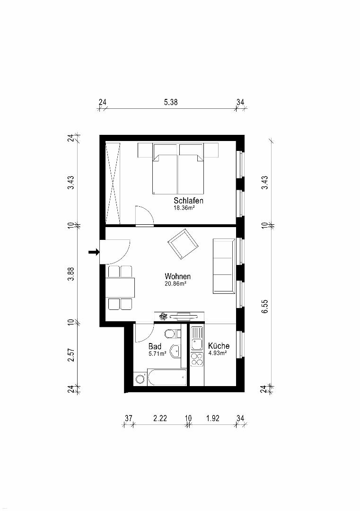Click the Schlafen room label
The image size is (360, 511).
point(188,201)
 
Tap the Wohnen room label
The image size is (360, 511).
point(177,276)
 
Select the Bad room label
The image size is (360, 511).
point(155,346)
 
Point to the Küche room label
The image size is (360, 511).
point(219,346)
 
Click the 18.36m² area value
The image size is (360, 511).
point(184,208)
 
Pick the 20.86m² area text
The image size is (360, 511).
point(176,284)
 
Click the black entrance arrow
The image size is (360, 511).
point(94,252)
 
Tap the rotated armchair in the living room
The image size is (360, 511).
point(183,244)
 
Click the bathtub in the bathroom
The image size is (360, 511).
point(167,378)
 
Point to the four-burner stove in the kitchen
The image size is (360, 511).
point(197,359)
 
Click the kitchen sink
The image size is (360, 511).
point(197,339)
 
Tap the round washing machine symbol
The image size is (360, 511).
point(140,379)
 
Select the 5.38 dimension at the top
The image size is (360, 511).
point(171,102)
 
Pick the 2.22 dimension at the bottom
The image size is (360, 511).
point(160,418)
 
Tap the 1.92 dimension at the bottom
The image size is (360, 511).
point(213,418)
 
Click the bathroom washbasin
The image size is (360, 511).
point(176,351)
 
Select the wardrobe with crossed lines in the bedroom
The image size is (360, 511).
point(113,184)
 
